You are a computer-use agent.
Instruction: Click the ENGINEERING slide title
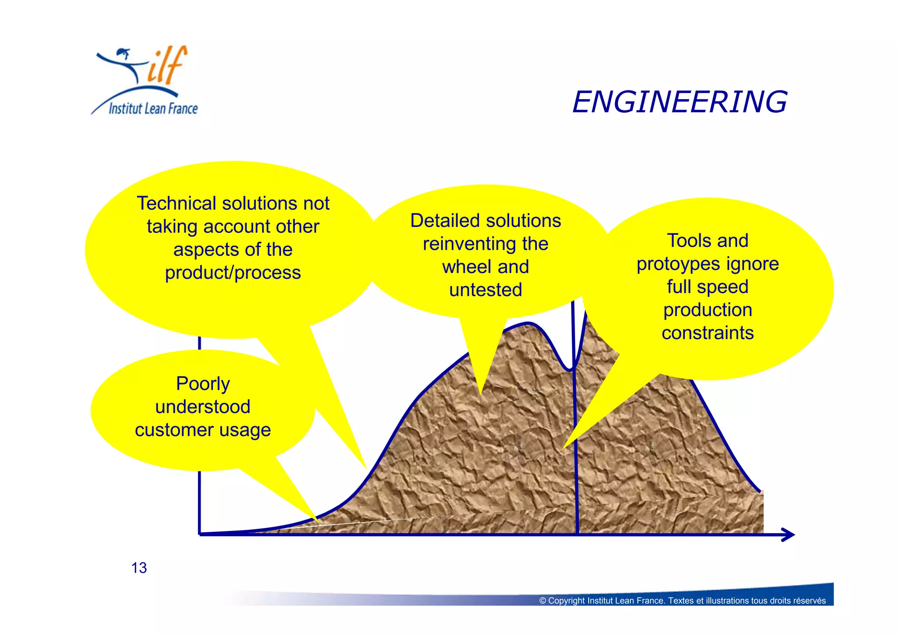click(x=680, y=102)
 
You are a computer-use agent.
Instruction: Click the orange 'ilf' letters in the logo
click(x=167, y=66)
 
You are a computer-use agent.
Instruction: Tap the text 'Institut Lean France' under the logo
click(x=153, y=108)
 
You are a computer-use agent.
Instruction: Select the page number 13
click(x=139, y=568)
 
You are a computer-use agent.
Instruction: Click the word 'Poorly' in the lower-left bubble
click(x=203, y=384)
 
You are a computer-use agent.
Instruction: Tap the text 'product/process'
click(x=233, y=273)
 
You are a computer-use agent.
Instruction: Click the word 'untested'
click(x=485, y=290)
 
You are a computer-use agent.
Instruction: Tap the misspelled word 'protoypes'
click(x=678, y=264)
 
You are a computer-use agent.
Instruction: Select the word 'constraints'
click(x=708, y=333)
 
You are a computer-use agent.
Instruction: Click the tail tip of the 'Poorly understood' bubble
click(x=317, y=520)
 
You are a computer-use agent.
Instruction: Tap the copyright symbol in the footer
click(x=543, y=601)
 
